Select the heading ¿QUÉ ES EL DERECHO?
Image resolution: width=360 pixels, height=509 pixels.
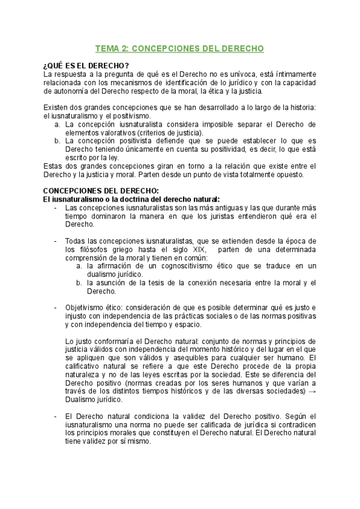coord(86,65)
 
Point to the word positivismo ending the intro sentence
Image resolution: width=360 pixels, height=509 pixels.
coord(131,115)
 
